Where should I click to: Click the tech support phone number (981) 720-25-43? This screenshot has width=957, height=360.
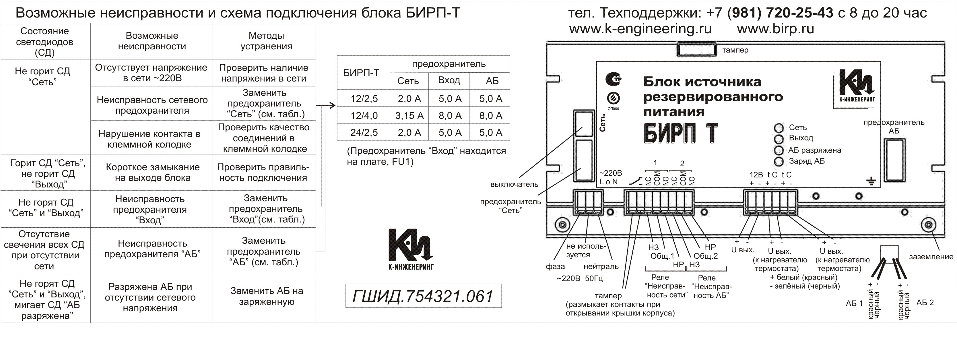click(x=780, y=13)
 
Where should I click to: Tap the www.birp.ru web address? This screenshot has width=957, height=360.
click(x=775, y=29)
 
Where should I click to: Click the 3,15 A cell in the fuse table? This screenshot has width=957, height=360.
click(x=409, y=115)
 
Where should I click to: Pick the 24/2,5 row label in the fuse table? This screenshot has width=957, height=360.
click(x=364, y=133)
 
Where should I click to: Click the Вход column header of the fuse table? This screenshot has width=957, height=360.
click(x=449, y=80)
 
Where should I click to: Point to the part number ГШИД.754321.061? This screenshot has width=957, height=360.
click(x=423, y=296)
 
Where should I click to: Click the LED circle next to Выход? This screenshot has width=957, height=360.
click(x=779, y=139)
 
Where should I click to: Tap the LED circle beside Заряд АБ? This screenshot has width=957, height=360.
click(x=779, y=162)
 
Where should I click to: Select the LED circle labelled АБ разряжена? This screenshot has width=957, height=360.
click(x=779, y=150)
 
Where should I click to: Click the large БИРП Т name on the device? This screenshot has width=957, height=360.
click(x=681, y=134)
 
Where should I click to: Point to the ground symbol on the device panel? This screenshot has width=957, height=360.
click(x=871, y=181)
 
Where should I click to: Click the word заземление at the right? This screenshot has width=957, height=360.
click(x=931, y=257)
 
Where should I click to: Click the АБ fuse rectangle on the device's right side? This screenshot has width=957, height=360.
click(x=894, y=159)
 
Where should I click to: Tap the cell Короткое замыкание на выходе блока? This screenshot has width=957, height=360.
click(x=152, y=172)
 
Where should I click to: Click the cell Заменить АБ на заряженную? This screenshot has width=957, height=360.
click(x=266, y=296)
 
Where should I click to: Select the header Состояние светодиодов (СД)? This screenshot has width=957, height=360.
click(x=44, y=42)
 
